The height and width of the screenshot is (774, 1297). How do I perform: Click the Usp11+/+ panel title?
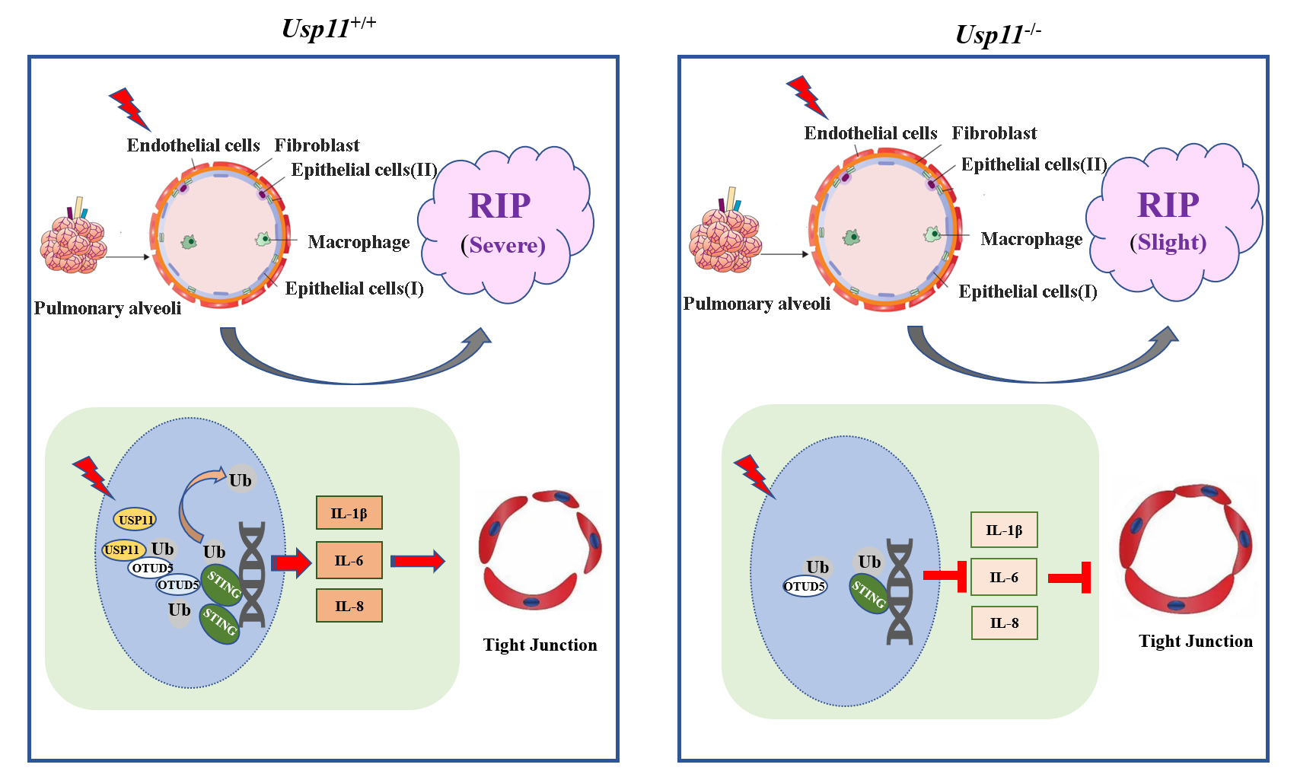(x=328, y=27)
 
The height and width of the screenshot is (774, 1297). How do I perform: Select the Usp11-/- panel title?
(x=998, y=33)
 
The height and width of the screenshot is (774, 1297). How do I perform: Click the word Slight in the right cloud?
(x=1171, y=242)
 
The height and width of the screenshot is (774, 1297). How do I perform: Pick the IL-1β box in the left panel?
(x=349, y=513)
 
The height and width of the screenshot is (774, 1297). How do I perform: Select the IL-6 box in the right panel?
(x=1003, y=578)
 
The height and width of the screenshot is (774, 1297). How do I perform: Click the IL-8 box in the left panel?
(x=349, y=607)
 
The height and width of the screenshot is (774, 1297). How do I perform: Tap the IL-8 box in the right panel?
(x=1003, y=623)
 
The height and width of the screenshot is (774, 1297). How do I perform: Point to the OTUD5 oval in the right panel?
(x=805, y=586)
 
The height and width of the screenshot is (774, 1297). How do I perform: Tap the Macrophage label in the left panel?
(x=359, y=242)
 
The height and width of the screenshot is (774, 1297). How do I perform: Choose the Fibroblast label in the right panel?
(x=993, y=133)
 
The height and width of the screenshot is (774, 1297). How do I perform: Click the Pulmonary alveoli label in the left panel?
(x=107, y=308)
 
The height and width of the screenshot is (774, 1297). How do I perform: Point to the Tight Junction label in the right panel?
(x=1195, y=641)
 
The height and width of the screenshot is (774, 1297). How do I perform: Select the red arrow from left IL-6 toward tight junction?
(x=417, y=562)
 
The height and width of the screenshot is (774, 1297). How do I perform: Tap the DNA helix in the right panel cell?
(x=900, y=591)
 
